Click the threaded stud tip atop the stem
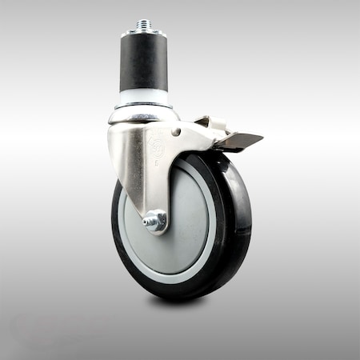click(x=144, y=25)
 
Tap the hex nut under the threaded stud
click(x=144, y=34)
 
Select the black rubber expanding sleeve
click(x=144, y=62)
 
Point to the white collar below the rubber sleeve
click(x=144, y=98)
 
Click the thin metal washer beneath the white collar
click(x=144, y=107)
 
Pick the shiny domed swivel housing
click(x=142, y=117)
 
